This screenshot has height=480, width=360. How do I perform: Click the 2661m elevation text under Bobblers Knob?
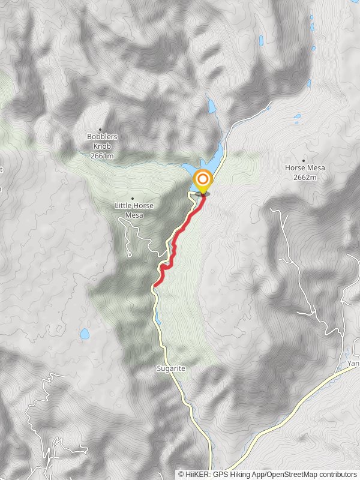[x=102, y=156]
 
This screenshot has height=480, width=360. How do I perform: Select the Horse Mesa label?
[x=304, y=168]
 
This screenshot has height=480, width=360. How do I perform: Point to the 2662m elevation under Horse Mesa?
[x=304, y=177]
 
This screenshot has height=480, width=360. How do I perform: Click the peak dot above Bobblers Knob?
[x=100, y=129]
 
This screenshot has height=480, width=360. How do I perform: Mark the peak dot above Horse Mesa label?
[x=304, y=160]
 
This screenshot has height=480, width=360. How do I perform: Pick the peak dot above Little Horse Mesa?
[x=132, y=198]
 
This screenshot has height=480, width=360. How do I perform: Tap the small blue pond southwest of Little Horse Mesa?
[x=85, y=333]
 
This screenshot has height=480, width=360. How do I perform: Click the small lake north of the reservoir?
[x=211, y=106]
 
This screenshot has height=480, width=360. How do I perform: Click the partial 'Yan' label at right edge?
[x=353, y=364]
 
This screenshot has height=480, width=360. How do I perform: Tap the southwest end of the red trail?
[x=155, y=284]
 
